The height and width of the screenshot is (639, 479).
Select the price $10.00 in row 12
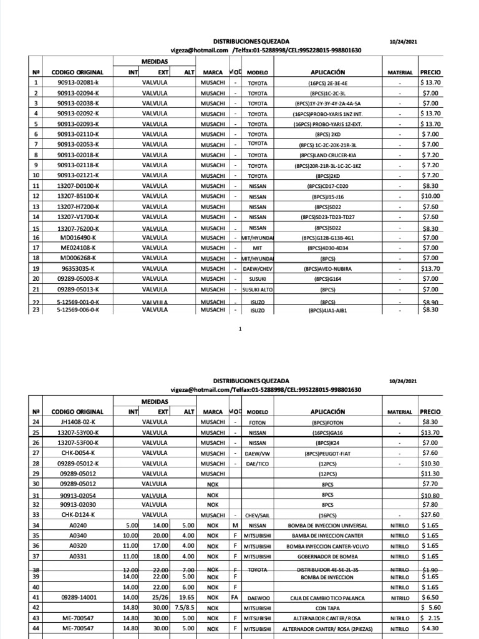(x=430, y=196)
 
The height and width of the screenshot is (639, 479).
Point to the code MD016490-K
(x=78, y=238)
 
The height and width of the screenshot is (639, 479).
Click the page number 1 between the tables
(x=240, y=329)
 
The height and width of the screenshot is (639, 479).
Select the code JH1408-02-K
(x=78, y=422)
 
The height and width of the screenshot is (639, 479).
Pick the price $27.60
(x=430, y=515)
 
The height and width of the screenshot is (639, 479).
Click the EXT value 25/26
(x=162, y=597)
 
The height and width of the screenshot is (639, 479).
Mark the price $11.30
(x=430, y=473)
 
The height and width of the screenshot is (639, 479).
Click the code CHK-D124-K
(x=78, y=515)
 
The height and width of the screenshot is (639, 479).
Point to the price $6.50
(x=430, y=597)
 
